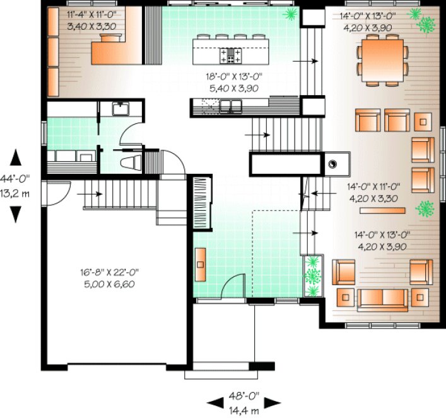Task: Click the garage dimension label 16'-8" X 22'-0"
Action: (109, 273)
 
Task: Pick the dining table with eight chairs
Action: (384, 60)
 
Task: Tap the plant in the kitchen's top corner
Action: (290, 13)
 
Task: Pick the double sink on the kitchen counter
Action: (231, 108)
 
